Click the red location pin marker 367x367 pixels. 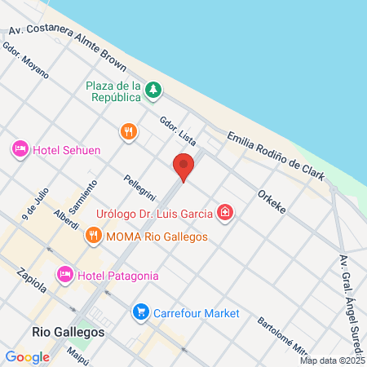(x=183, y=166)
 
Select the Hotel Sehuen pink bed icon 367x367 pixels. (x=20, y=148)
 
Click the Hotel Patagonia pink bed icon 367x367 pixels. (x=65, y=275)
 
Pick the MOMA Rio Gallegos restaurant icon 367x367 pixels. (x=94, y=237)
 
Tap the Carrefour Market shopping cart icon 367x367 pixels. (x=141, y=312)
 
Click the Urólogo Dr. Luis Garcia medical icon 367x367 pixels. (x=225, y=214)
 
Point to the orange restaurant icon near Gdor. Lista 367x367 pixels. (x=128, y=130)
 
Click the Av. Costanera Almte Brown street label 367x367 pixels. (x=69, y=40)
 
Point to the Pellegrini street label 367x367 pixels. (x=139, y=188)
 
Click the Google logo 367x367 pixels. (x=27, y=356)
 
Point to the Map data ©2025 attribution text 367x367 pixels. (x=331, y=360)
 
